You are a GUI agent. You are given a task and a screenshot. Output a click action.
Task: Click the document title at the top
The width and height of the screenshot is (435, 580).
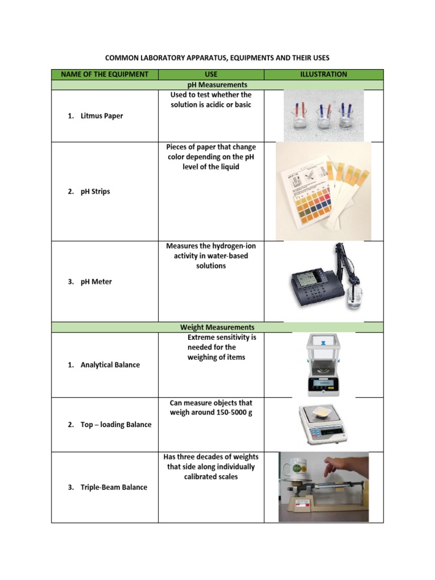(218, 58)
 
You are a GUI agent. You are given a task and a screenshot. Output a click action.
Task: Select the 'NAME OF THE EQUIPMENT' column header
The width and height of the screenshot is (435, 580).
(104, 74)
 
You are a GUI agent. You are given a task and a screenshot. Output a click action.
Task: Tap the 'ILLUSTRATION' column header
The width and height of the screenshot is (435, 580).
(323, 74)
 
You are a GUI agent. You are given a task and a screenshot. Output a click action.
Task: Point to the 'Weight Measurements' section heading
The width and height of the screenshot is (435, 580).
(217, 327)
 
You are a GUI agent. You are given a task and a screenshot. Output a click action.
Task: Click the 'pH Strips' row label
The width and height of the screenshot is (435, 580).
(95, 191)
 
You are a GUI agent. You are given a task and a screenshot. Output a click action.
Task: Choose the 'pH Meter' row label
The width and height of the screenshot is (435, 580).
(96, 282)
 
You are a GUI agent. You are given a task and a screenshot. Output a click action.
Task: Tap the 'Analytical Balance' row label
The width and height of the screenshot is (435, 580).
(110, 365)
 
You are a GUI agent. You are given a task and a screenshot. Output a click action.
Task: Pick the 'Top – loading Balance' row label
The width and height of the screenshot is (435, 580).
(116, 424)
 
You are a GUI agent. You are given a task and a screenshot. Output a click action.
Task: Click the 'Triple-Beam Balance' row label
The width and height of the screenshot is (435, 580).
(114, 487)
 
